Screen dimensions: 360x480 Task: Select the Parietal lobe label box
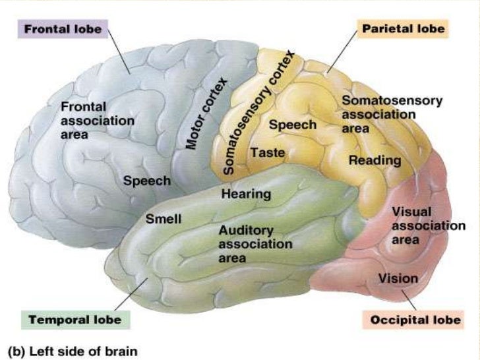pos(402,29)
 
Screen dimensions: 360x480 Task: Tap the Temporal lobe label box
pos(76,319)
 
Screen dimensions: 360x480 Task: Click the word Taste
pos(268,153)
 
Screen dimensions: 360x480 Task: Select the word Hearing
pos(246,195)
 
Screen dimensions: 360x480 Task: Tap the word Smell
pos(163,218)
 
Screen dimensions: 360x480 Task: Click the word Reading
pos(375,160)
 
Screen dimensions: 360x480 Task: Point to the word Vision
pos(398,278)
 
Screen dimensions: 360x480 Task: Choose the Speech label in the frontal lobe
pos(147,181)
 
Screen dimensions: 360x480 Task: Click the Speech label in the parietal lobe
pos(293,125)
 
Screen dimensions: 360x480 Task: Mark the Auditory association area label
pos(255,244)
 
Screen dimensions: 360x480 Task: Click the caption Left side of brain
pos(73,351)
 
